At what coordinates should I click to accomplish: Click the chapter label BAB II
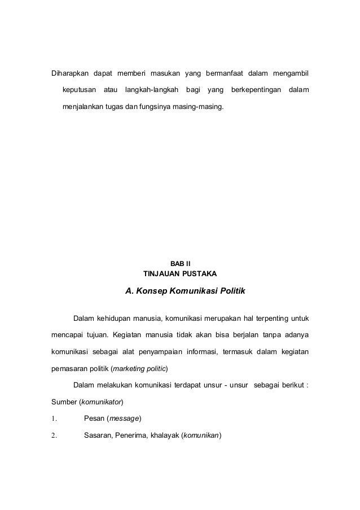tap(180, 263)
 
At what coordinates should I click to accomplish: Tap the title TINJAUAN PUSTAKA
tap(180, 274)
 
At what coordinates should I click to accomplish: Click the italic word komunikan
tap(201, 435)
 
